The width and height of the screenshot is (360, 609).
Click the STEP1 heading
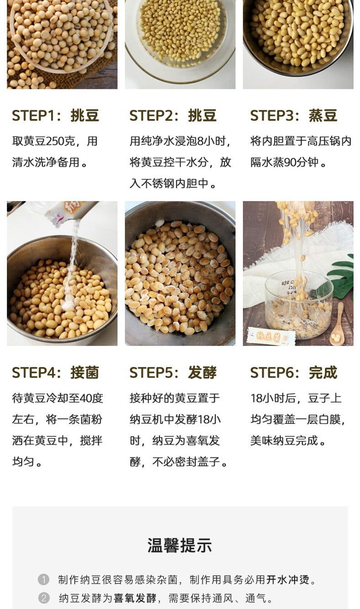[x=55, y=116]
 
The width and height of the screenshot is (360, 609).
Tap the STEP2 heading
[x=173, y=116]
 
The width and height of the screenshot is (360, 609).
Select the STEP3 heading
[x=293, y=116]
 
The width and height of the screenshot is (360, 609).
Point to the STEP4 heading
[x=55, y=372]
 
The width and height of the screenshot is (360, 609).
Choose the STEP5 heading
[x=173, y=372]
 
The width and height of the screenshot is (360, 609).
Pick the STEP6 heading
[x=293, y=372]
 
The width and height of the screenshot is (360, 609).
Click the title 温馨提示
[x=180, y=545]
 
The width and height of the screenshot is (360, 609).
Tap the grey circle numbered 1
[x=43, y=579]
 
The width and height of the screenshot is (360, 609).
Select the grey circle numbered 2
[x=43, y=598]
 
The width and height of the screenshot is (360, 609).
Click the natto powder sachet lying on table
[x=271, y=336]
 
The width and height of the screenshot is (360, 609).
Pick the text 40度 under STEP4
[x=92, y=398]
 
